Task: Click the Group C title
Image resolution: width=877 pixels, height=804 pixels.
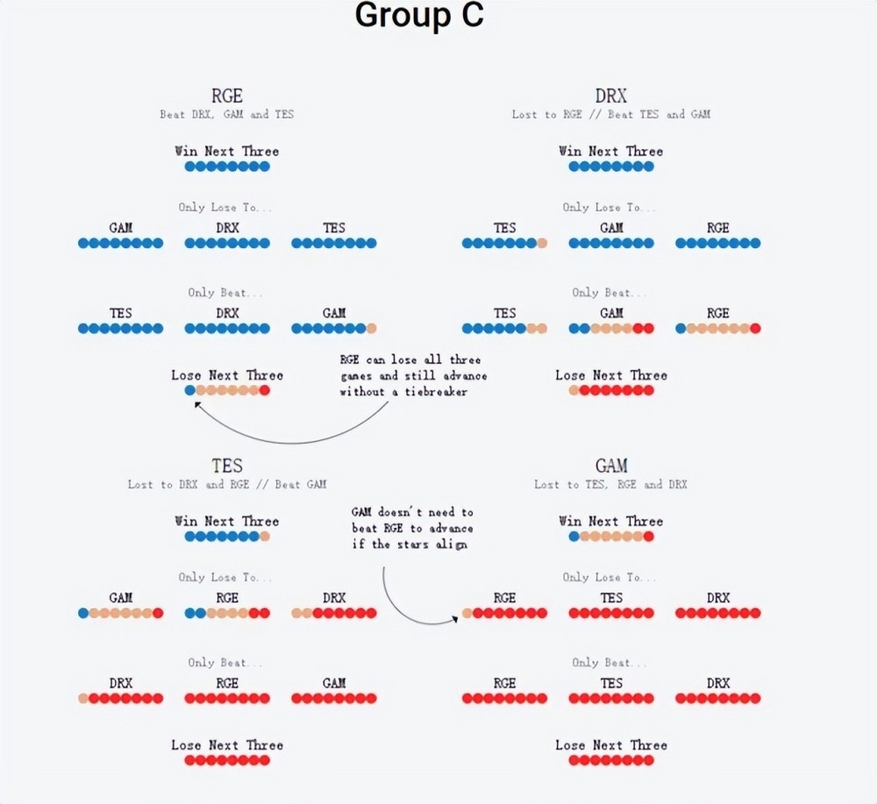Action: [x=419, y=16]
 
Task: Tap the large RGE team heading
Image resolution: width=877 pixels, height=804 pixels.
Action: [x=227, y=96]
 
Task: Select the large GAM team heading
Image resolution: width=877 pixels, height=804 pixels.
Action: [x=611, y=466]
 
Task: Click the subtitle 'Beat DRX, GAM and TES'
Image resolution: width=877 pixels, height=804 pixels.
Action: [x=227, y=115]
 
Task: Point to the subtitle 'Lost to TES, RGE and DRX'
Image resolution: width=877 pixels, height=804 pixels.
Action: [x=611, y=485]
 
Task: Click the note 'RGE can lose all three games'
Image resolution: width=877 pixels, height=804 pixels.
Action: [x=413, y=375]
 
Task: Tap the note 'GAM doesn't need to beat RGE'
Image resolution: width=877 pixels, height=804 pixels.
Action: [x=412, y=528]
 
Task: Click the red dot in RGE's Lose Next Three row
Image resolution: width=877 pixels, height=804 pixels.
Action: [x=265, y=390]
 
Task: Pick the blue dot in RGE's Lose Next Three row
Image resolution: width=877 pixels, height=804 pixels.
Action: [x=190, y=390]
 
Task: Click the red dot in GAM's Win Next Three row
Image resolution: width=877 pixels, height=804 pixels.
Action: [x=649, y=536]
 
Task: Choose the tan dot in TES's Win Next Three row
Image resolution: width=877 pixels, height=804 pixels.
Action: [x=265, y=536]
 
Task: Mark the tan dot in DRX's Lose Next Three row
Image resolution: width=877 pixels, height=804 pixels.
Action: [x=574, y=390]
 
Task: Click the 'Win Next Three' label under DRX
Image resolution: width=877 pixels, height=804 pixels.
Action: [x=611, y=152]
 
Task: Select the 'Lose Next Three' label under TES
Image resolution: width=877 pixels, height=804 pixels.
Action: [x=227, y=745]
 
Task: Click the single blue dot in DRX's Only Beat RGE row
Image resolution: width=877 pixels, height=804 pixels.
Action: [x=681, y=329]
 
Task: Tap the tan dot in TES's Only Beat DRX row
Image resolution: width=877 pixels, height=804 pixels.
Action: [x=83, y=699]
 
